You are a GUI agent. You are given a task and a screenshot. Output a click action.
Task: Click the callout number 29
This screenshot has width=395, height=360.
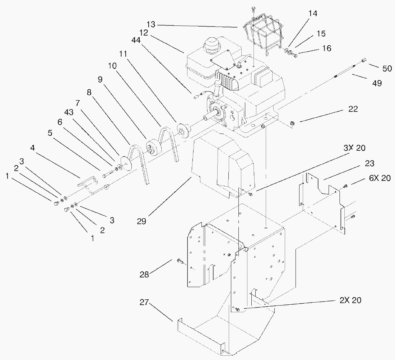click(141, 221)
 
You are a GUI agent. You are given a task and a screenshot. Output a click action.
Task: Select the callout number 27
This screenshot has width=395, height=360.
click(144, 303)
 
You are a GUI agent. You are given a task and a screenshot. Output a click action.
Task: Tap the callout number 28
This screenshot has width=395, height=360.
click(144, 275)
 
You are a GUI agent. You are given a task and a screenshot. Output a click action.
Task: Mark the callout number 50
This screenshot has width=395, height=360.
click(387, 68)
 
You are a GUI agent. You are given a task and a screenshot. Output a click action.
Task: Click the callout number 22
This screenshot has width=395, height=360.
click(353, 109)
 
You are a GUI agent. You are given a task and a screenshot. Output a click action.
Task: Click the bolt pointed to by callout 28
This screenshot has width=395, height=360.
click(181, 262)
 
